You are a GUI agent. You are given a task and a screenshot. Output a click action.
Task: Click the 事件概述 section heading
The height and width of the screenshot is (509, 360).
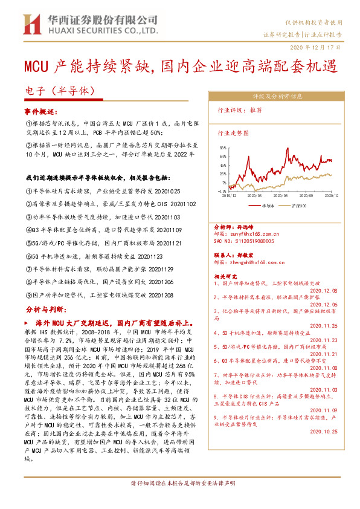pyautogui.click(x=40, y=112)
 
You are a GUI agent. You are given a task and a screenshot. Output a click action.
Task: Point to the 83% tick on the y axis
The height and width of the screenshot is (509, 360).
pyautogui.click(x=223, y=148)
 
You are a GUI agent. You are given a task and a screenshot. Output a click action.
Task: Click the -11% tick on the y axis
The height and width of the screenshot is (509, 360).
pyautogui.click(x=222, y=190)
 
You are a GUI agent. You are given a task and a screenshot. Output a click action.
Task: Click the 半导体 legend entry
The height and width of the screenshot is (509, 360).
pyautogui.click(x=268, y=206)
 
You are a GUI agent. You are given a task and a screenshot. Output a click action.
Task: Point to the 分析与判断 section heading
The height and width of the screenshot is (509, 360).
pyautogui.click(x=44, y=308)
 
